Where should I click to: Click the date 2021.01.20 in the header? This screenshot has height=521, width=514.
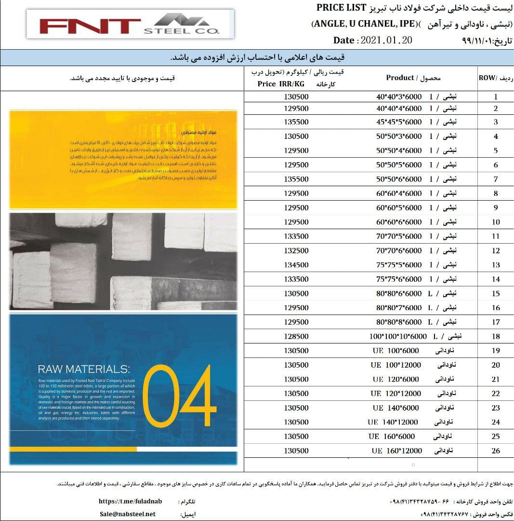coord(373,41)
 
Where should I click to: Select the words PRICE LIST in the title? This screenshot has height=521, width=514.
coord(342,8)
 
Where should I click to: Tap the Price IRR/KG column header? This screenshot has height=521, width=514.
coord(281,84)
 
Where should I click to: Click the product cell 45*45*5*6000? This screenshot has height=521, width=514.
coord(399,122)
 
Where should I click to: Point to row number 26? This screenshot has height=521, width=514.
coord(495,451)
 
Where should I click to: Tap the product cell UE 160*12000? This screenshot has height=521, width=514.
coord(397,451)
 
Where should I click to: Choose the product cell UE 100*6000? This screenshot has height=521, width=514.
coord(395,350)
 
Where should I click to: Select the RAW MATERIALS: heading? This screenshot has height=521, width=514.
coord(84,370)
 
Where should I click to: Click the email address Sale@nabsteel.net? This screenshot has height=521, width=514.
coord(128,514)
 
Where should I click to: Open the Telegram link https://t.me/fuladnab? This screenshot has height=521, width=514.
coord(130,501)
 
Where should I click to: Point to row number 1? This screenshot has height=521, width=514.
coord(495,96)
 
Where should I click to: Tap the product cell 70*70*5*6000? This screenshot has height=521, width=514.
coord(399,236)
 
